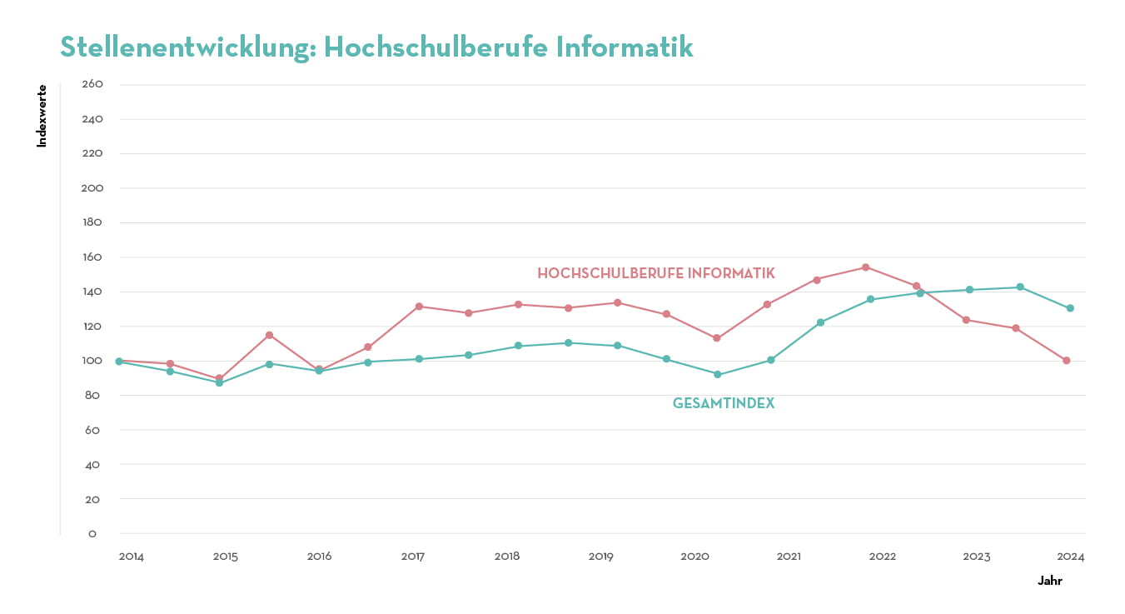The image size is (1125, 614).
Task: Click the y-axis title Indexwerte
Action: tap(42, 116)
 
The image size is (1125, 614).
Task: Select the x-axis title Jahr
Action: tap(1050, 581)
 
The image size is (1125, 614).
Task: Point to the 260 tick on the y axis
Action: tap(92, 84)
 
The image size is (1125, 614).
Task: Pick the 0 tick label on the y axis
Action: tap(92, 533)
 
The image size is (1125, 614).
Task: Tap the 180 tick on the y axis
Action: tap(92, 222)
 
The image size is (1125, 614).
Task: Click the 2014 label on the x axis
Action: tap(131, 557)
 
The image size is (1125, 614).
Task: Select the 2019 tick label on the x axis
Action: tap(600, 557)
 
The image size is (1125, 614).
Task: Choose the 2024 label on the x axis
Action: tap(1071, 557)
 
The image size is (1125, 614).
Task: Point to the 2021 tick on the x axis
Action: tap(789, 557)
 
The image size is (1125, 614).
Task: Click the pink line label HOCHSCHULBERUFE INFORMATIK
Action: tap(656, 273)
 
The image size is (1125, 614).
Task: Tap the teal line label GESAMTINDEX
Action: tap(724, 403)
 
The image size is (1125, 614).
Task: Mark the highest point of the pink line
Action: tap(866, 267)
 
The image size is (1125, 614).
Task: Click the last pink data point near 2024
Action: tap(1066, 361)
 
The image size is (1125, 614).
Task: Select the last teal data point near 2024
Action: tap(1070, 308)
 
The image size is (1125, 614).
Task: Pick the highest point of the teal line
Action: tap(1020, 287)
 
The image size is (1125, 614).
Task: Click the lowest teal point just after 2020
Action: tap(717, 375)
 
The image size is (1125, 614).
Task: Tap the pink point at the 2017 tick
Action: tap(419, 307)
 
